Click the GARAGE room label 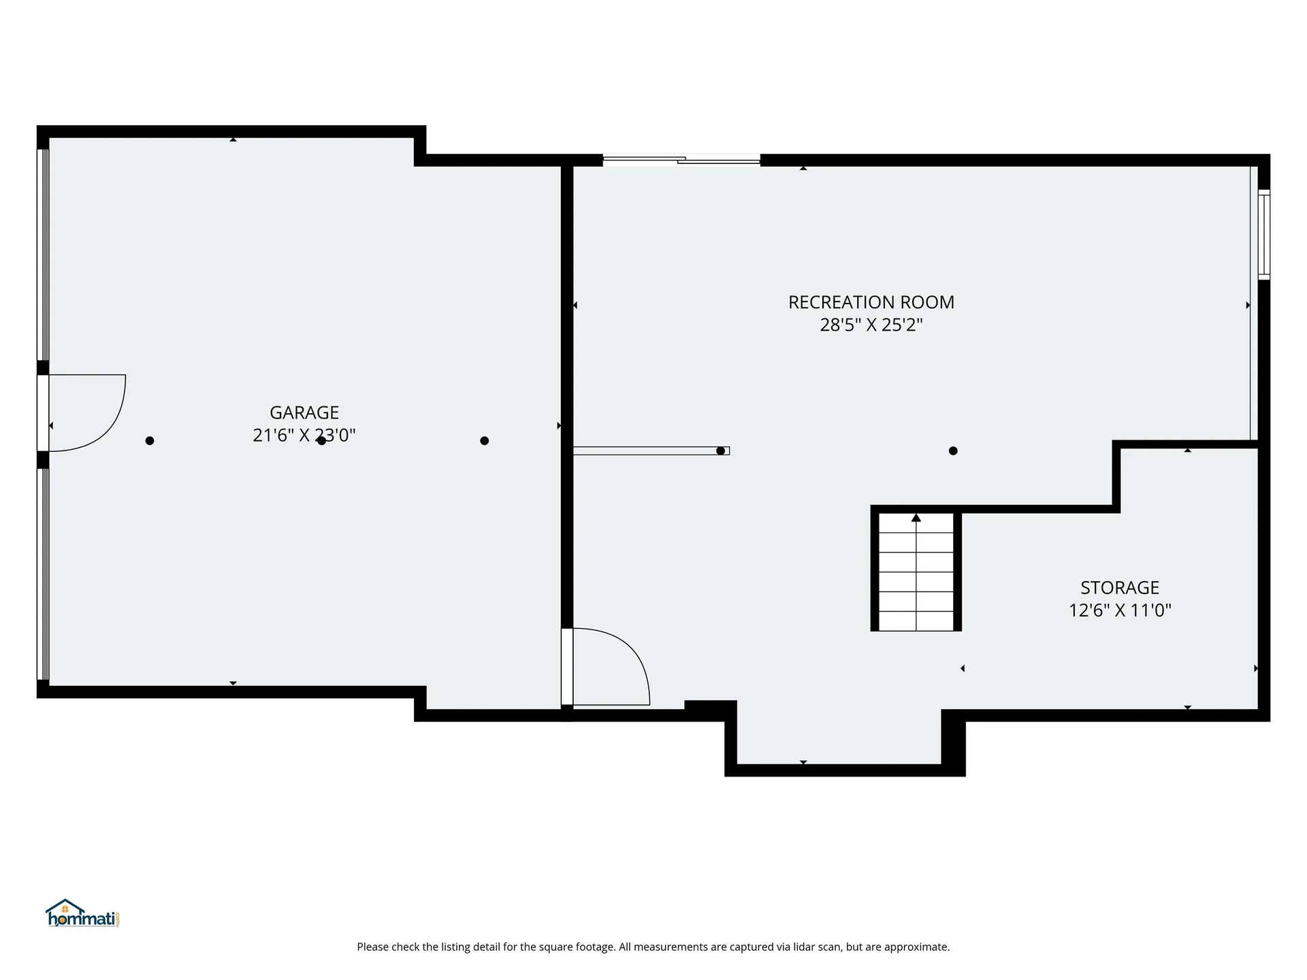pos(304,412)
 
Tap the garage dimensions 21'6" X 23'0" pos(304,435)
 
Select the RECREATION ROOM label pos(871,302)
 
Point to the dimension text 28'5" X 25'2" pos(871,325)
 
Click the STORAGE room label pos(1120,587)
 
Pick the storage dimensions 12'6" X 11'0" pos(1120,610)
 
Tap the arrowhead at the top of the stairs pos(916,518)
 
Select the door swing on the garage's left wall pos(87,412)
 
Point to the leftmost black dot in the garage pos(150,441)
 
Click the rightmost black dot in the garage pos(485,441)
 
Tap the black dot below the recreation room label pos(953,451)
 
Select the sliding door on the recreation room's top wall pos(681,161)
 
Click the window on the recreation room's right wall pos(1264,235)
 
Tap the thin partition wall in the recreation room pos(651,451)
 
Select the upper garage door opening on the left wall pos(43,255)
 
